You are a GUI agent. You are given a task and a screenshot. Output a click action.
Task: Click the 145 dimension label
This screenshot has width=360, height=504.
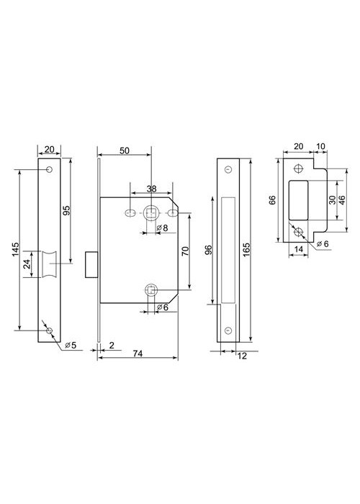tap(15, 249)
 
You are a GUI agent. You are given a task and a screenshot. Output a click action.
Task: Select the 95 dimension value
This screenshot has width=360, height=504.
tap(66, 210)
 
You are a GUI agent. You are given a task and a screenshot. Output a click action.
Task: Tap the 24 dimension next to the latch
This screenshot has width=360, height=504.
tap(27, 264)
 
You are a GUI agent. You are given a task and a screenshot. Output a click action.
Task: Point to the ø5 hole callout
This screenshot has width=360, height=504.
tap(71, 345)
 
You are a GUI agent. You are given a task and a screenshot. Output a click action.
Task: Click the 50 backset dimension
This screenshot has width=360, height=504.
tap(125, 150)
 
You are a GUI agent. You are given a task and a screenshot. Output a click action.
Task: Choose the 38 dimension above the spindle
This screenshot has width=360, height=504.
tap(151, 189)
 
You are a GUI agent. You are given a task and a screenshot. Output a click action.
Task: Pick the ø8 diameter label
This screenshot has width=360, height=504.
tap(162, 228)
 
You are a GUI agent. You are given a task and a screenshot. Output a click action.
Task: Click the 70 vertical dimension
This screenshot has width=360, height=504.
tap(186, 251)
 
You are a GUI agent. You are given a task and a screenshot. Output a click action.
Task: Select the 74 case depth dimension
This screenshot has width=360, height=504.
tap(138, 354)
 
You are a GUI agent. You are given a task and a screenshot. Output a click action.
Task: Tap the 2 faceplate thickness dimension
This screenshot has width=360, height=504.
tap(112, 345)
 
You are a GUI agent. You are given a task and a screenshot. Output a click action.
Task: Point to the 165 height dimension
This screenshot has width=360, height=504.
tap(246, 249)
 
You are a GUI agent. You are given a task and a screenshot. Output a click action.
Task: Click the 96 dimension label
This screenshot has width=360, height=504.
tap(209, 250)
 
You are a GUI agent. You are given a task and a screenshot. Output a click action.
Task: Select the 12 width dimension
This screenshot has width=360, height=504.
tap(242, 356)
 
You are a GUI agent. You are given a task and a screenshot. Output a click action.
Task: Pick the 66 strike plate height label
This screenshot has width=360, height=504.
tap(272, 200)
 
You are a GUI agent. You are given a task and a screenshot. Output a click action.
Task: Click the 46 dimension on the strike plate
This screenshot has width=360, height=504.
tap(342, 200)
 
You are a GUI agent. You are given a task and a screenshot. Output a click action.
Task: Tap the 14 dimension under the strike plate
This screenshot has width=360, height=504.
tap(299, 249)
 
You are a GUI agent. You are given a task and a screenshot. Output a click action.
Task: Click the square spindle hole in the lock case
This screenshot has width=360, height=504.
tap(150, 213)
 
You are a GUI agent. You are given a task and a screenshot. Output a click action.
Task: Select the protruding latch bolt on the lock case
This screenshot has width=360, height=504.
tap(91, 264)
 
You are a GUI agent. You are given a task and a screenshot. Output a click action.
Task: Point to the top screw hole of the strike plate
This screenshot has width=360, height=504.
tap(299, 168)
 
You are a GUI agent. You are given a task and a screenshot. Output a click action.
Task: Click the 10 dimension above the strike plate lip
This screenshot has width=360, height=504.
tap(320, 146)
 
